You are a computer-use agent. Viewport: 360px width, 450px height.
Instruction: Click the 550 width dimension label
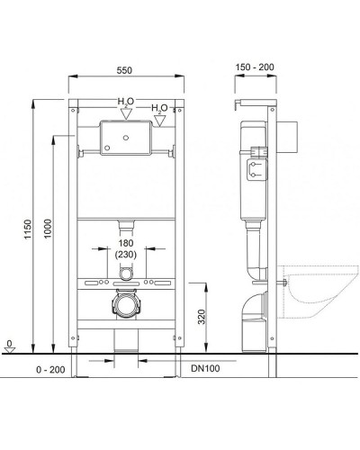click(x=124, y=70)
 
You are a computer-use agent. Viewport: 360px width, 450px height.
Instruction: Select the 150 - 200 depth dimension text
click(x=255, y=67)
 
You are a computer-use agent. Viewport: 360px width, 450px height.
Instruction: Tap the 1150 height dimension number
click(x=28, y=229)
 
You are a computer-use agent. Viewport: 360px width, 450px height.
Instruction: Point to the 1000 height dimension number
click(x=48, y=229)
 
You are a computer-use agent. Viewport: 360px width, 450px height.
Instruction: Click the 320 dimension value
click(x=202, y=317)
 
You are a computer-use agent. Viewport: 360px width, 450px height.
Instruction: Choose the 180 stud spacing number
click(x=126, y=243)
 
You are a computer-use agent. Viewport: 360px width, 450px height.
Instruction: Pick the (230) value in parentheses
click(x=126, y=255)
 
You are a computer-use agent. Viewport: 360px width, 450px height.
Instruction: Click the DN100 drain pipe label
click(x=205, y=368)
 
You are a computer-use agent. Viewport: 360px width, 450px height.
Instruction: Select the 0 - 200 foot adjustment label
click(x=50, y=370)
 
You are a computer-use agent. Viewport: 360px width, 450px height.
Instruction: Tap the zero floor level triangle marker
click(x=10, y=350)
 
